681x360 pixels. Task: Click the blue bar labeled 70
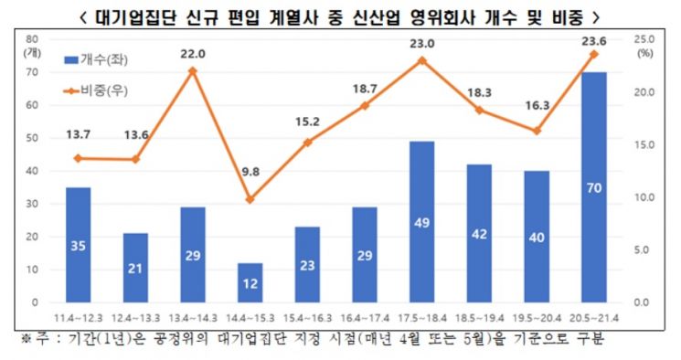click(593, 187)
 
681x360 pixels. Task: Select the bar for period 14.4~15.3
click(250, 282)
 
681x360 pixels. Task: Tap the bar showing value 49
click(421, 222)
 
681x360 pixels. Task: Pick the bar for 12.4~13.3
click(135, 268)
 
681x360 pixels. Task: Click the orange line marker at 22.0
click(193, 70)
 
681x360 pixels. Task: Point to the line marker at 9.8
click(250, 199)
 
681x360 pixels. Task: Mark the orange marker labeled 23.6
click(593, 54)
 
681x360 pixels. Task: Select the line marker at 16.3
click(537, 131)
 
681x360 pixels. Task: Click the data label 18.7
click(365, 89)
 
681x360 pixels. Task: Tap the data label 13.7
click(79, 134)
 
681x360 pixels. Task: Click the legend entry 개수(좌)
click(96, 60)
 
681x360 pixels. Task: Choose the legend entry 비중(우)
click(96, 90)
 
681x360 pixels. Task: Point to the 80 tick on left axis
click(32, 39)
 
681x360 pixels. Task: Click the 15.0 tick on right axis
click(644, 144)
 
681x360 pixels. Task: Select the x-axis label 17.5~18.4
click(422, 318)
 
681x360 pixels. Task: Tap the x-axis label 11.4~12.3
click(79, 318)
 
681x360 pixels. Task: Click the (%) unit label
click(645, 54)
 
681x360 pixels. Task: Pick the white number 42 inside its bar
click(479, 234)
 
